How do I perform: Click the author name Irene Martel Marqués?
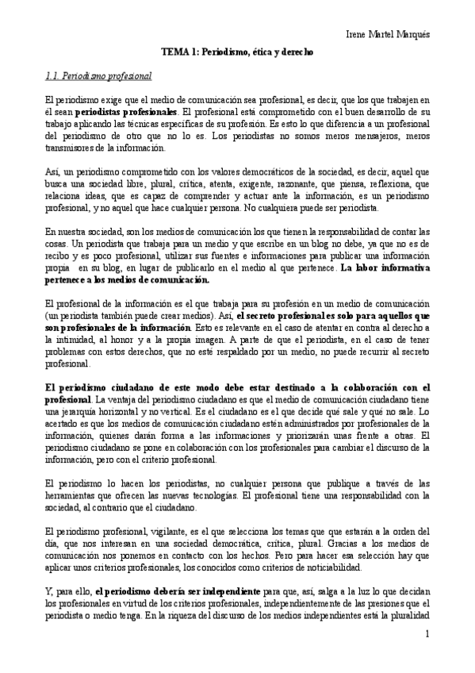[x=389, y=35]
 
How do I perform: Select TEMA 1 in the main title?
[x=180, y=52]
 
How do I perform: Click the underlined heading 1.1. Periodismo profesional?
[x=98, y=76]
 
